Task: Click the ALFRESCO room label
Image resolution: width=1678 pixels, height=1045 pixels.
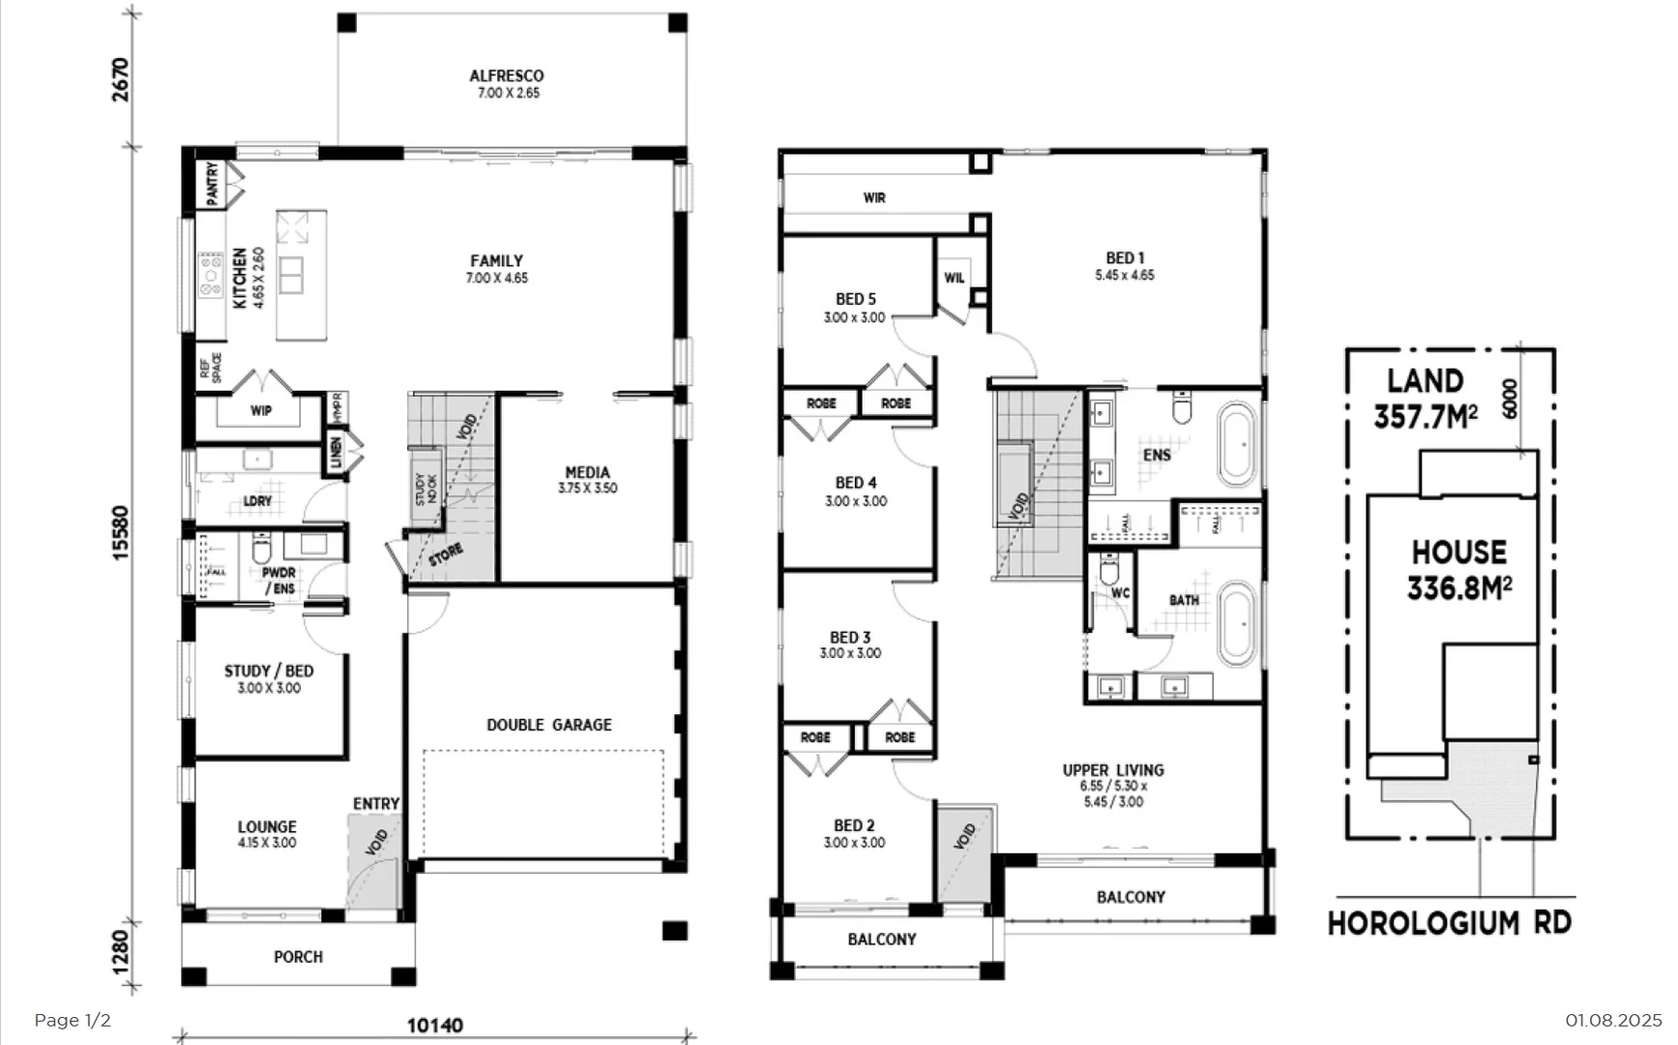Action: [507, 76]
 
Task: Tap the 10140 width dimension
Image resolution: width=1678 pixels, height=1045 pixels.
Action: [434, 1025]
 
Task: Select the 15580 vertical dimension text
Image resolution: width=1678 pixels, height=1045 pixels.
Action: [121, 532]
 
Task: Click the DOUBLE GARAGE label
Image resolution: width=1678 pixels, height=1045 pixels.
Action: [548, 725]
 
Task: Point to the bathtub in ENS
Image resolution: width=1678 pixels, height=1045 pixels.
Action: [1237, 444]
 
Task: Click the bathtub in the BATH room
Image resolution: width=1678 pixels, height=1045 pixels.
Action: [1237, 623]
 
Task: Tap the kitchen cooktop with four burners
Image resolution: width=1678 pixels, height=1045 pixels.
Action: [211, 275]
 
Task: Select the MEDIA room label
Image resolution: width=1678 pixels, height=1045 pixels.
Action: [587, 473]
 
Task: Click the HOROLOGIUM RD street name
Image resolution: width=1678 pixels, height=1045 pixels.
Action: [1449, 923]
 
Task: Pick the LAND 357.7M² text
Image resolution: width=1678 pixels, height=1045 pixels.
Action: [1426, 399]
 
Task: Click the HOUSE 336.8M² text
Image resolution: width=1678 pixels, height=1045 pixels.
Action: [1459, 570]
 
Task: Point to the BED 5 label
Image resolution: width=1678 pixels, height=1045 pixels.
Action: [855, 300]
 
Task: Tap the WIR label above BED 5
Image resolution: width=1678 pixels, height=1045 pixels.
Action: [874, 197]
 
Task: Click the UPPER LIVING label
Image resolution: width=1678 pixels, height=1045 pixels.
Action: [1113, 770]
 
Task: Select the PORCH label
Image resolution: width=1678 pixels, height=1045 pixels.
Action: [298, 957]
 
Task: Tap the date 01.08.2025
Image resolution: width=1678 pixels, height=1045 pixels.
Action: [1612, 1021]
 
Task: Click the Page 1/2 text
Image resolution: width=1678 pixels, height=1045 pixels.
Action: [73, 1021]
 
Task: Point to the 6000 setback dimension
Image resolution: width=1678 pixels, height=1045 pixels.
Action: [1510, 398]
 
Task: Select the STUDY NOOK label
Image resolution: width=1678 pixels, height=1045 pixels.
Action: [427, 489]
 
